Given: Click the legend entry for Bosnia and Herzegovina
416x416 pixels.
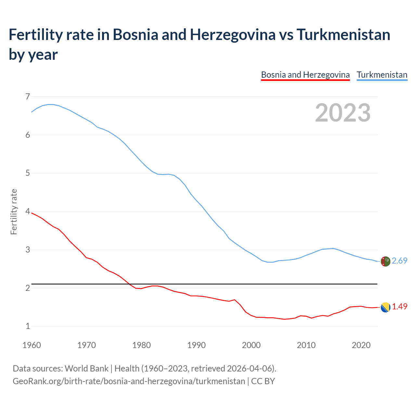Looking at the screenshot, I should (x=305, y=75).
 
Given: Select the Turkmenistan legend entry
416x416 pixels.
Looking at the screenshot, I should (x=382, y=75).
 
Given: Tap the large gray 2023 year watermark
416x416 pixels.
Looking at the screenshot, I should (x=343, y=113).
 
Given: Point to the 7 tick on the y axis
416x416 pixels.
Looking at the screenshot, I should (x=28, y=97).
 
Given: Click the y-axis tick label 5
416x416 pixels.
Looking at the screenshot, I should (x=28, y=173).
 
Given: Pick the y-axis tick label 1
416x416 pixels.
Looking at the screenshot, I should (x=28, y=326).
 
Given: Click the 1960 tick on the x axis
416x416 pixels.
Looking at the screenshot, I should (x=32, y=345).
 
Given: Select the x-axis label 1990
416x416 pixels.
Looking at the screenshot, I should (x=196, y=345).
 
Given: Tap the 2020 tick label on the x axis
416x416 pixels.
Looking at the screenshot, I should (x=361, y=345).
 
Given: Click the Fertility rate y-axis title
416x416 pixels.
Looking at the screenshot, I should (x=14, y=212).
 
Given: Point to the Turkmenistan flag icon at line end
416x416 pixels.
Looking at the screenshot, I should (x=385, y=261).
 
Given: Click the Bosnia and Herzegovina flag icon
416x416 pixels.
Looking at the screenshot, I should (x=385, y=307).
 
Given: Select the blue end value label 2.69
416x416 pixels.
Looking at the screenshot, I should (x=399, y=261).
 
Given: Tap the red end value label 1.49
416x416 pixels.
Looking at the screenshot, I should (x=399, y=306).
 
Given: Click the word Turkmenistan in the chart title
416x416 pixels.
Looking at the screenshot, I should (x=343, y=35).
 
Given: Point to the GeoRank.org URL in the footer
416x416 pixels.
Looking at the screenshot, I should (x=129, y=381).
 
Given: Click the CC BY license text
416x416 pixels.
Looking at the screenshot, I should (x=263, y=381).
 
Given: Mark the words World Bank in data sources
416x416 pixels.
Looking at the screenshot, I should (x=86, y=368).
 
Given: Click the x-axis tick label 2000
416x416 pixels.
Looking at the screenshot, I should (x=251, y=345).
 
